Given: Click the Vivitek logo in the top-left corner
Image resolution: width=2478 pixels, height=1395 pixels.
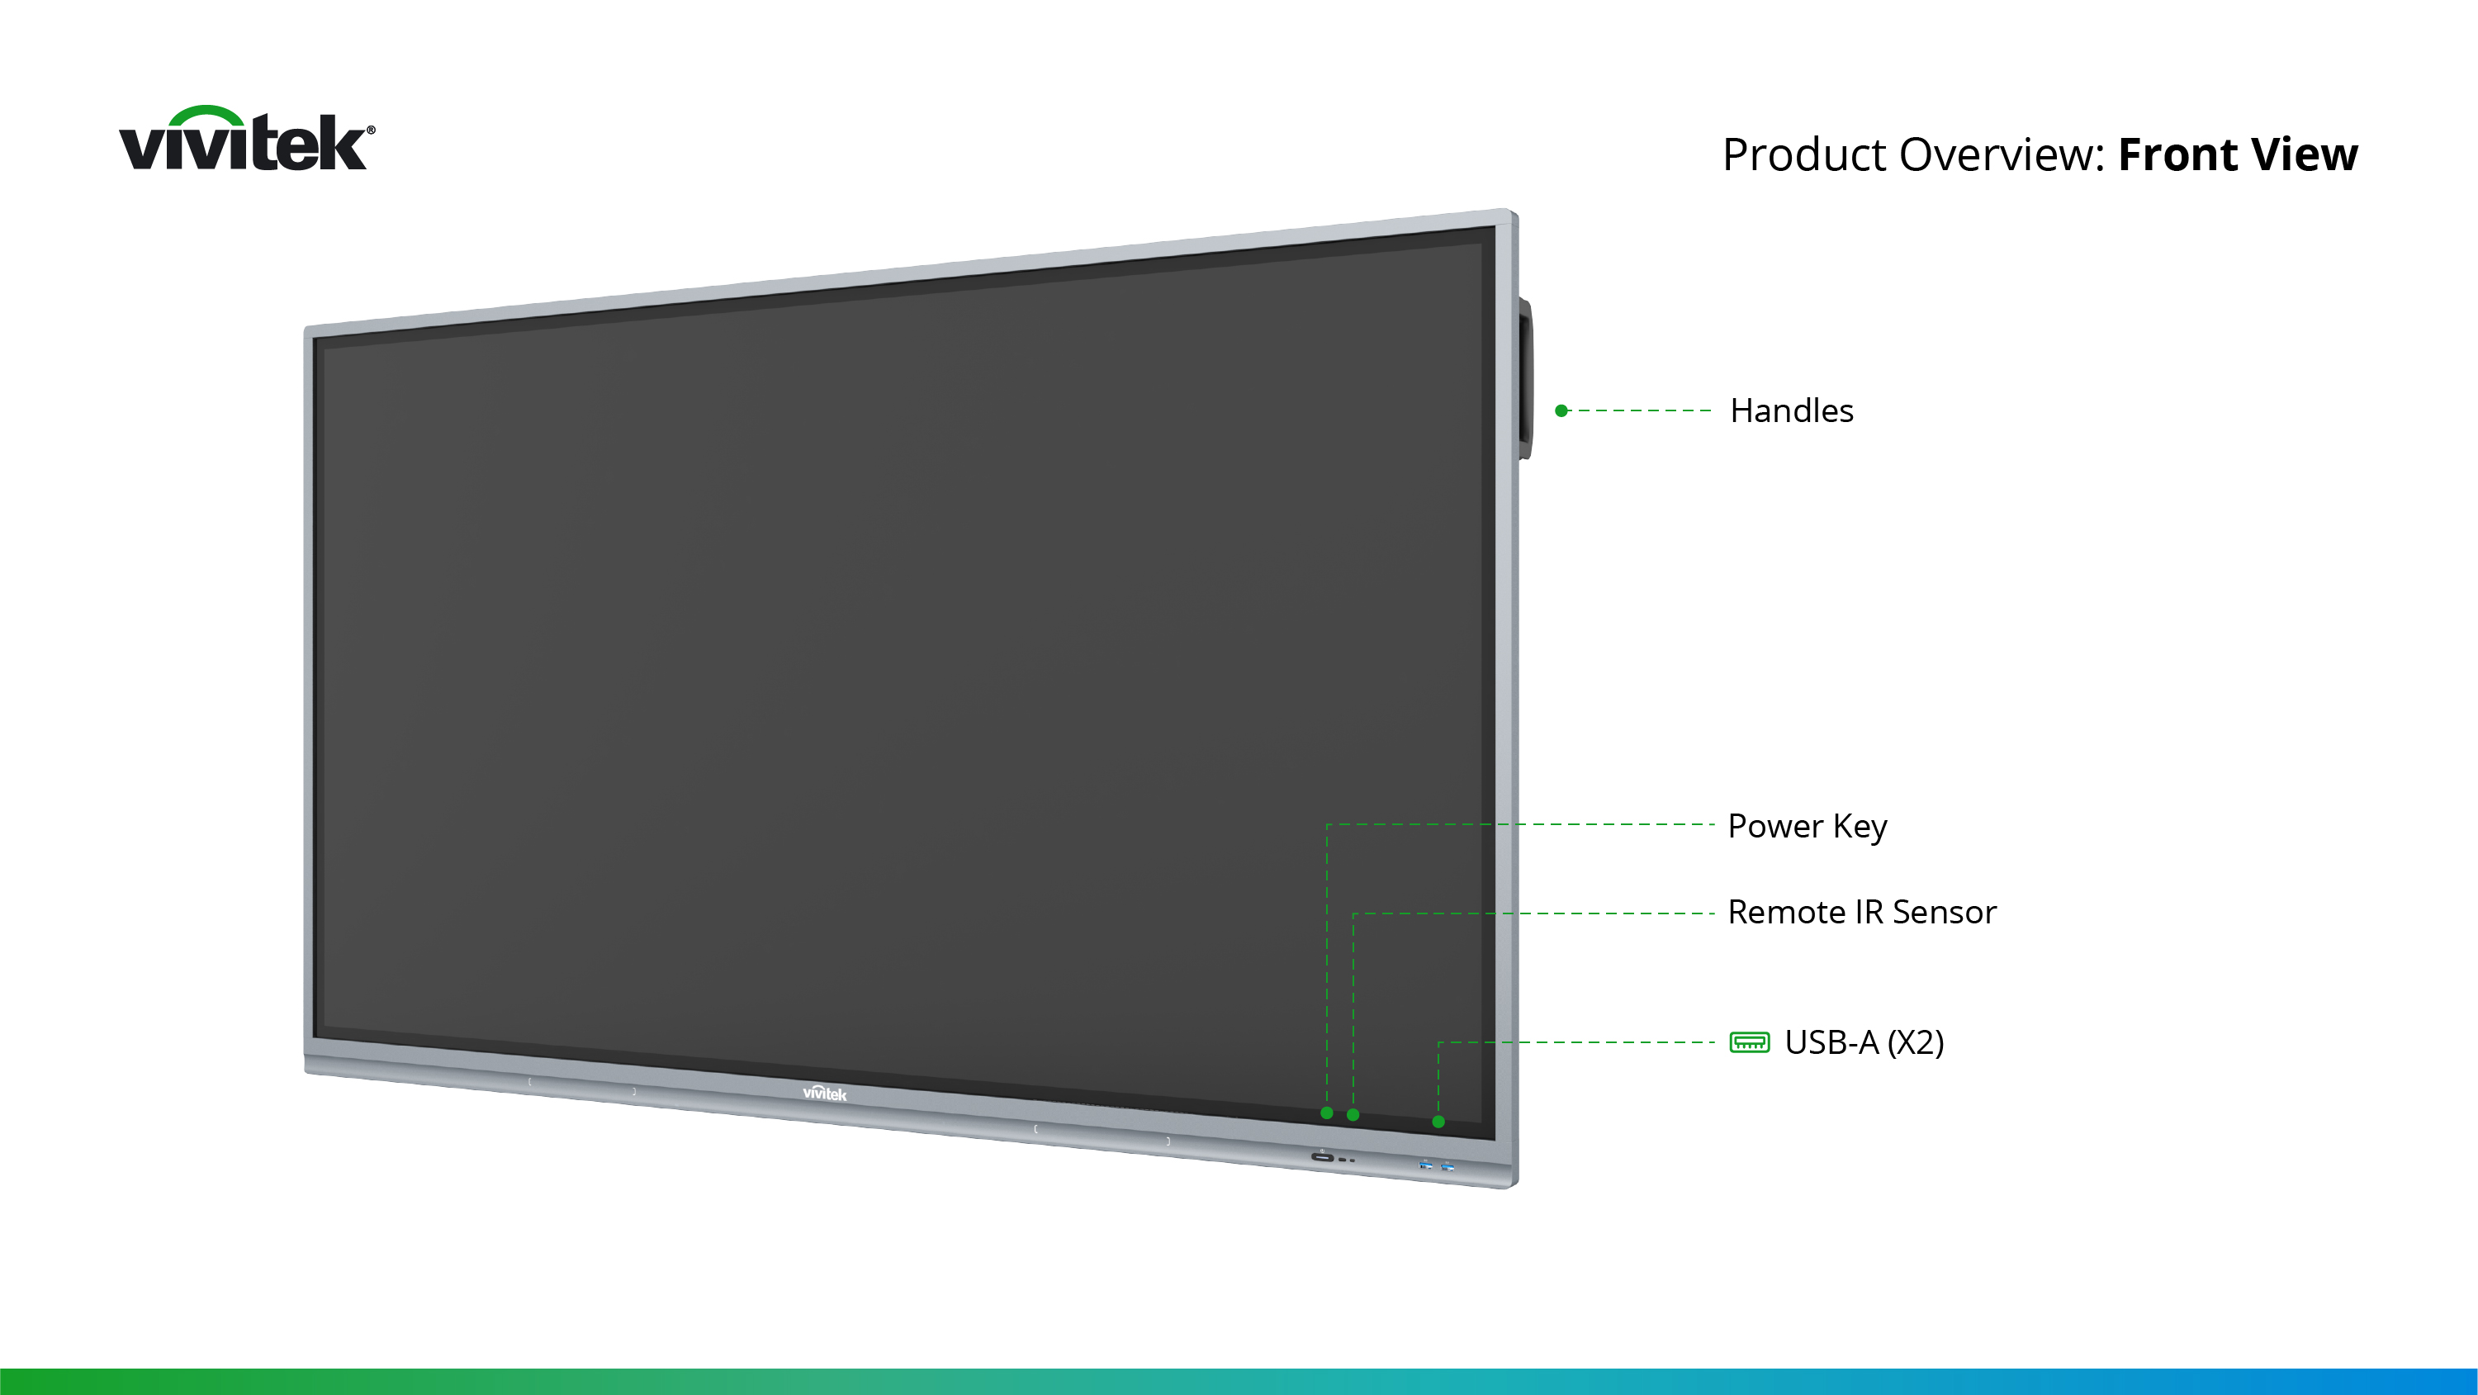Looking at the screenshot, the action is point(247,139).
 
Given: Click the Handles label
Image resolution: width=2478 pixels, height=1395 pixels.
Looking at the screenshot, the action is point(1791,410).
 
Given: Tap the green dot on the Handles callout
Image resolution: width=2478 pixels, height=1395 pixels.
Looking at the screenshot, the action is point(1561,410).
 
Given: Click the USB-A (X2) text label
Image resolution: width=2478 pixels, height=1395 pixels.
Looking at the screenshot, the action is point(1864,1043).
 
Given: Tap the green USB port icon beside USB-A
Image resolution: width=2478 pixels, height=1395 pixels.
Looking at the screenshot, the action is point(1749,1043).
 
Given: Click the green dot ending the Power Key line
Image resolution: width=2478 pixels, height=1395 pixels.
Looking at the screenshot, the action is point(1327,1113).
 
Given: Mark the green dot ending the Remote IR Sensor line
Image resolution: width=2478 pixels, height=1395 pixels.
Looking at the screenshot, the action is point(1353,1115).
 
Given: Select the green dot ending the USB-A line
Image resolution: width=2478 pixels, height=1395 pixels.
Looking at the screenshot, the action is point(1438,1122).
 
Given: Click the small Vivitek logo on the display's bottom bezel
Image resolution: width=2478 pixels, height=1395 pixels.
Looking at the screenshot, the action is point(824,1094).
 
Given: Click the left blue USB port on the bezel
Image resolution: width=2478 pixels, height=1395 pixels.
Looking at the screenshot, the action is point(1426,1165).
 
